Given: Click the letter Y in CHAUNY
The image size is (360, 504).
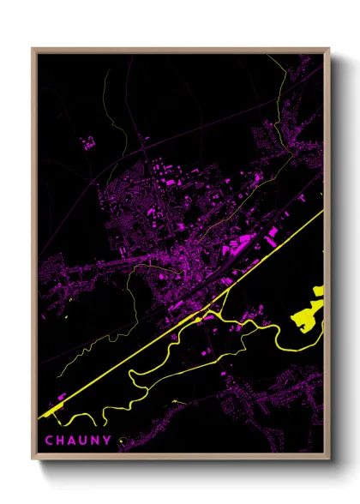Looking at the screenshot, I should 109,441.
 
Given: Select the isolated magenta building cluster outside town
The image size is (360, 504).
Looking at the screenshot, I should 87,142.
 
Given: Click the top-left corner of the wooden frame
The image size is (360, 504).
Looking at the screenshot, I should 33,49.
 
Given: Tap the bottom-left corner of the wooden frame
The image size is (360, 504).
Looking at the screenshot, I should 33,460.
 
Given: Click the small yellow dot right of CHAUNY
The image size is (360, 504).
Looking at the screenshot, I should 121,443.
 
